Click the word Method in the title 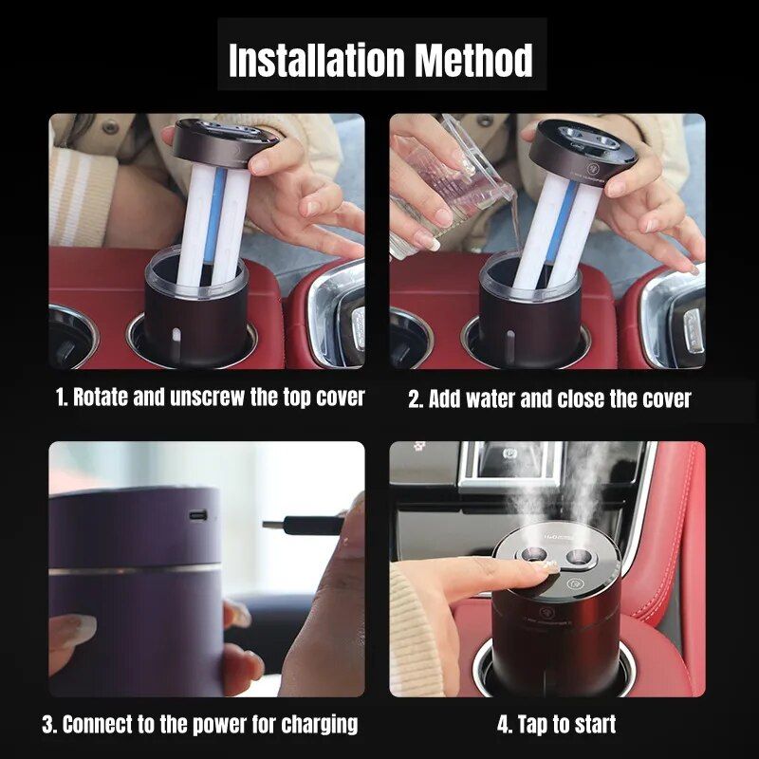click(474, 60)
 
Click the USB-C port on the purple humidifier click(198, 515)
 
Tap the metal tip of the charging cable click(273, 525)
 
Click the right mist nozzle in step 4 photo click(579, 557)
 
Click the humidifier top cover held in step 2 click(582, 149)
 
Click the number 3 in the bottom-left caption click(48, 725)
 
